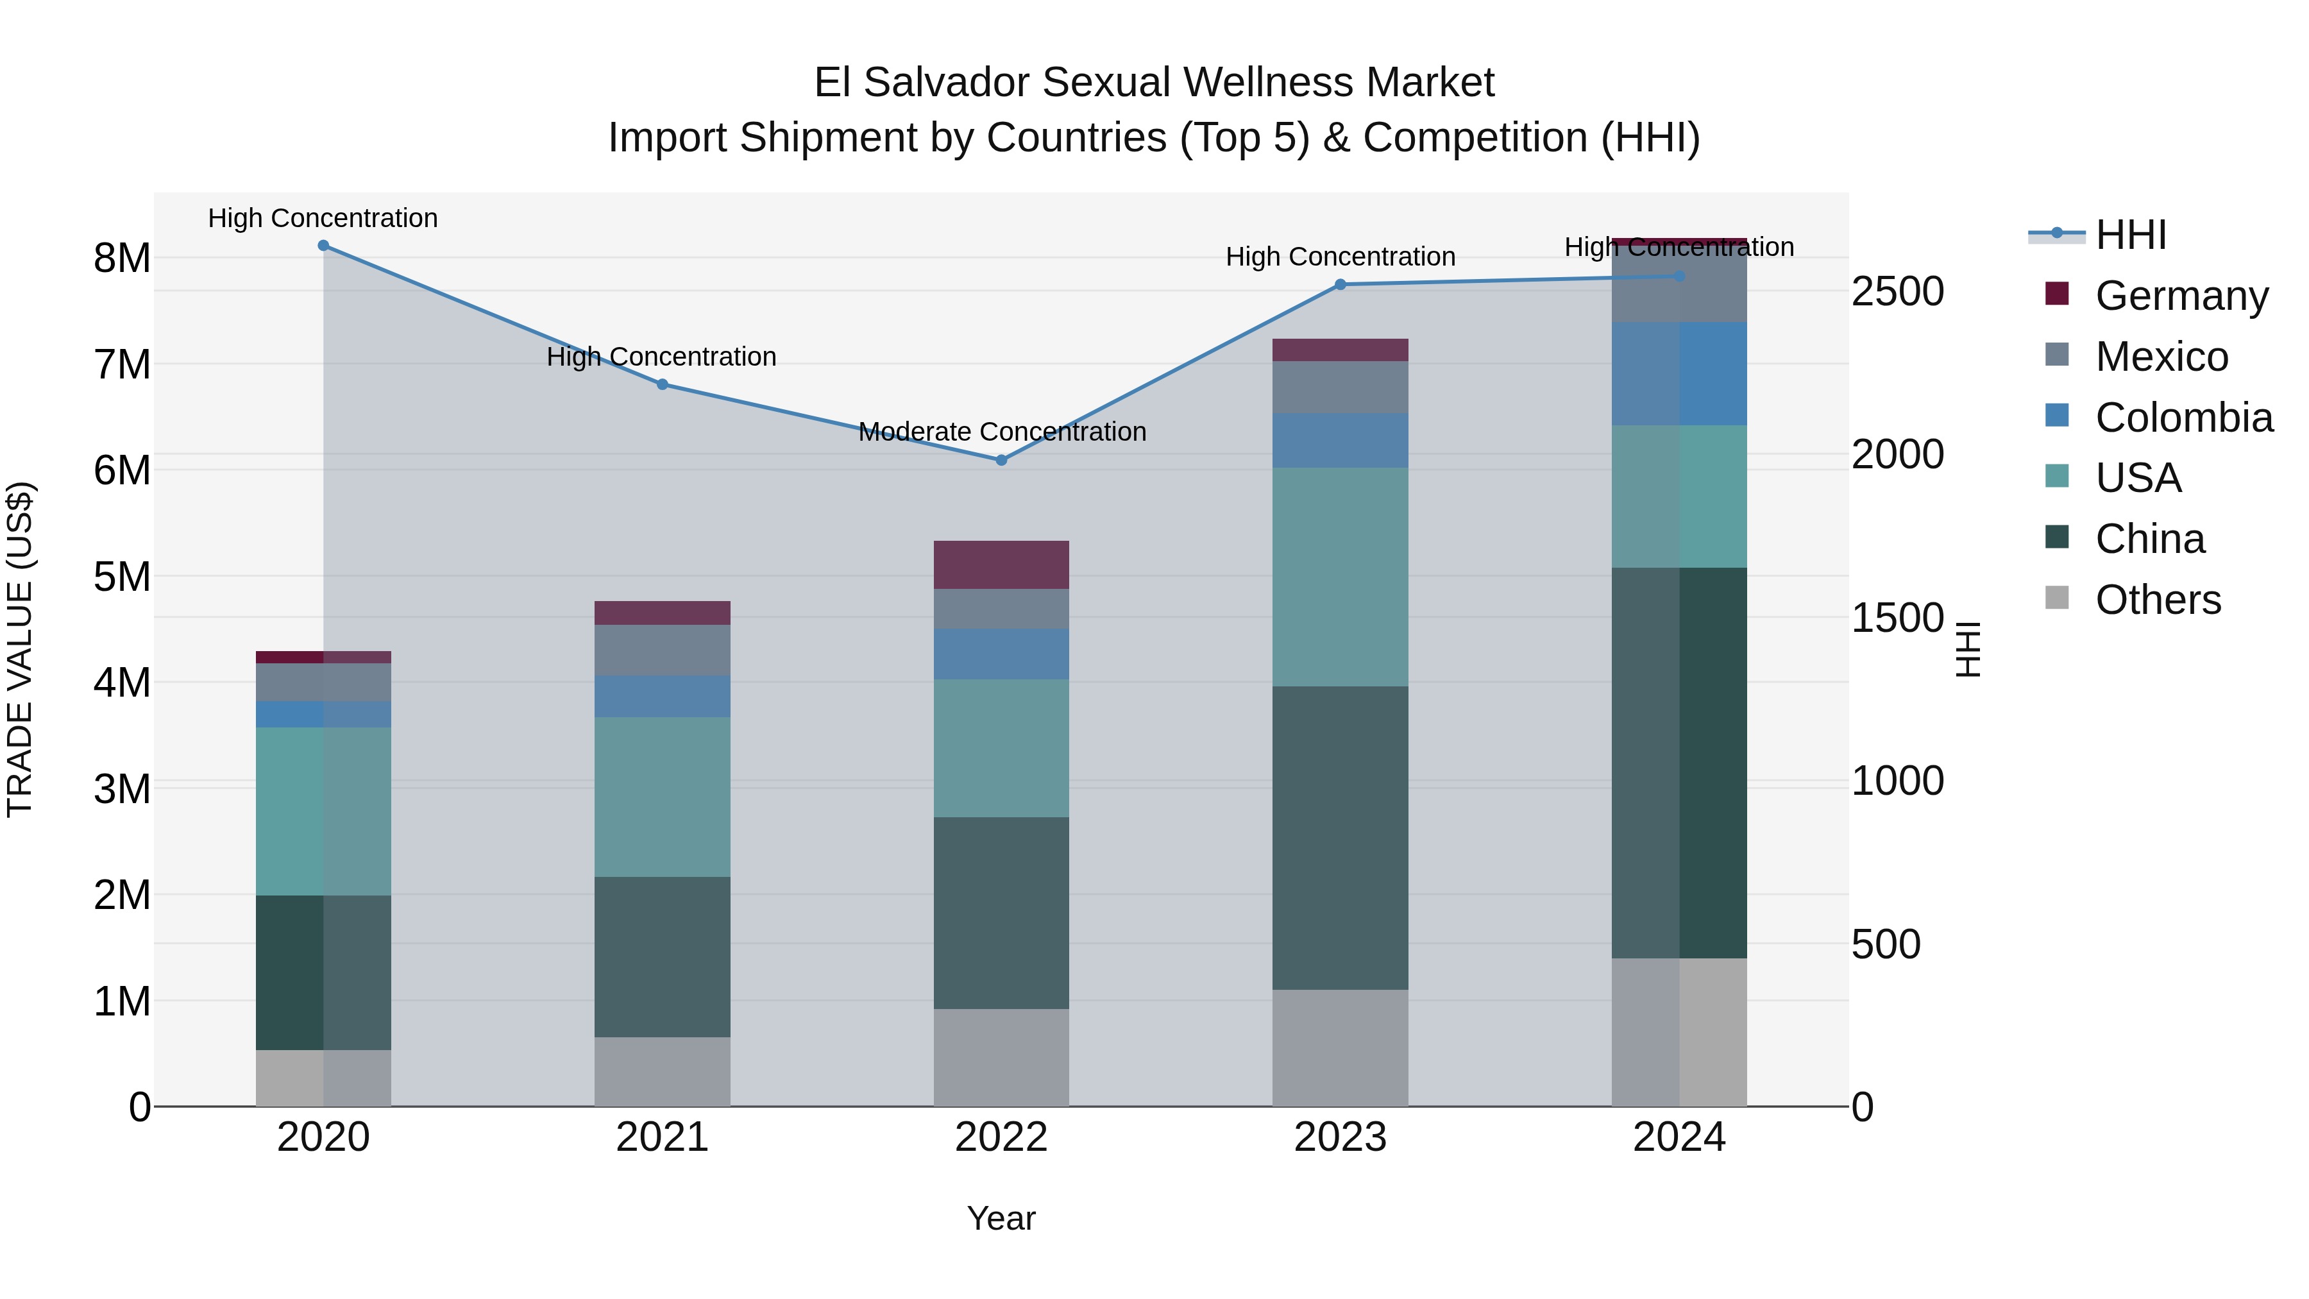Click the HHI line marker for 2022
[x=1001, y=460]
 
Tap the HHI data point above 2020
[x=324, y=246]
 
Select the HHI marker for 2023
[x=1340, y=284]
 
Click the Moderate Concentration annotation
[x=1001, y=432]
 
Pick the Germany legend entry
[x=2181, y=295]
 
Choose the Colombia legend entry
[x=2183, y=417]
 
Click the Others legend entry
[x=2158, y=600]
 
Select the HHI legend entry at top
[x=2131, y=235]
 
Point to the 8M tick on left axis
[x=122, y=258]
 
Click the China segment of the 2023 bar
[x=1340, y=838]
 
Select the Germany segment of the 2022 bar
[x=1001, y=565]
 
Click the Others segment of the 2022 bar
[x=1001, y=1057]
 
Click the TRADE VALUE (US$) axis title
[x=21, y=649]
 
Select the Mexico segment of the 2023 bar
[x=1340, y=387]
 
